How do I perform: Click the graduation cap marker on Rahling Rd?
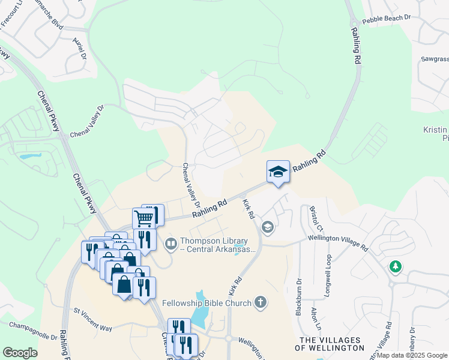coord(279,172)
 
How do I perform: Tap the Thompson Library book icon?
coord(171,244)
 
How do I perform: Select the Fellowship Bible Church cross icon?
coord(260,302)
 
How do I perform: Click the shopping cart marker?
coord(143,218)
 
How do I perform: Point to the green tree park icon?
coord(395,266)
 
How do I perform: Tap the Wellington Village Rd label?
coord(337,241)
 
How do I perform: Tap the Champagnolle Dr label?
coord(32,331)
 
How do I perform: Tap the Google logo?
coord(20,353)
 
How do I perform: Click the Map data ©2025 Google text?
coord(411,355)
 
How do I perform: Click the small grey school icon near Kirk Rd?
coord(267,227)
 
